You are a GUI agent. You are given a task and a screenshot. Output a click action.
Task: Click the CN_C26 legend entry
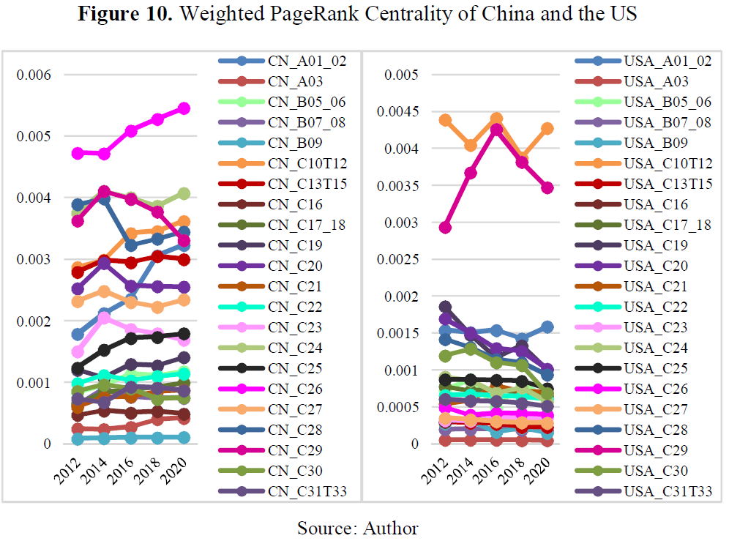coord(300,389)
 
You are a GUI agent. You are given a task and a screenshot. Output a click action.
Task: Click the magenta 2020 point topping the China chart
coord(183,108)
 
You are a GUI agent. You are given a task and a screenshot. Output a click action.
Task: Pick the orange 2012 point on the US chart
coord(444,120)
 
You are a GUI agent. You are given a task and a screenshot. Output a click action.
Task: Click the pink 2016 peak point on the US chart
coord(496,130)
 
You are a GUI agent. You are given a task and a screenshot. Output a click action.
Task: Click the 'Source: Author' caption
coord(357,527)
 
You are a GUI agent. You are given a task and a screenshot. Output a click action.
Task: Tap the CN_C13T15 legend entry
coord(304,184)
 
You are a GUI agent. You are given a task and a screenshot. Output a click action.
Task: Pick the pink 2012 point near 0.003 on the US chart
coord(444,228)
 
